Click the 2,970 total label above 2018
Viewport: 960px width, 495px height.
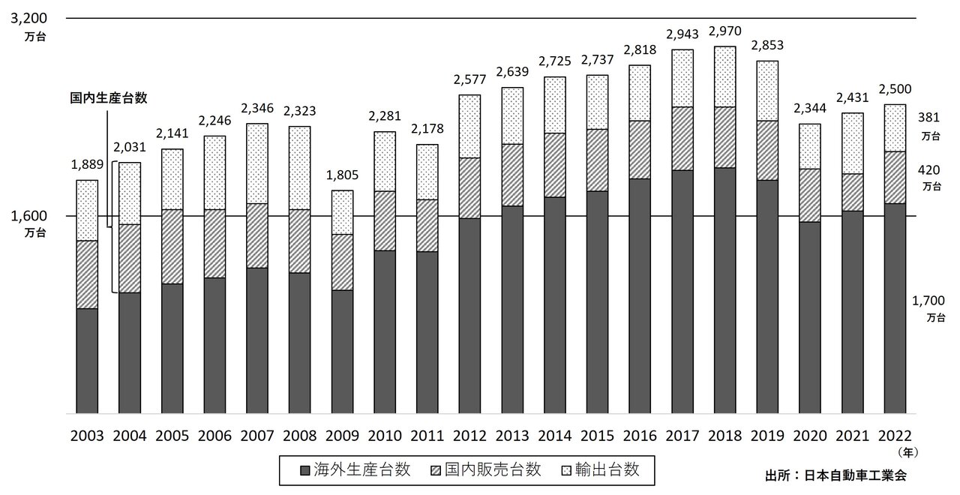coord(724,32)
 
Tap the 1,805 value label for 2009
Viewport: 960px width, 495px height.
coord(341,176)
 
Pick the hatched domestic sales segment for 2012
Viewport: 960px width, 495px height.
coord(469,187)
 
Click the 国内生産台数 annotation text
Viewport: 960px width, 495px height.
coord(108,97)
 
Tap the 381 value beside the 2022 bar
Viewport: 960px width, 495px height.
coord(928,117)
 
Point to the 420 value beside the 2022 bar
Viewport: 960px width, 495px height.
coord(928,169)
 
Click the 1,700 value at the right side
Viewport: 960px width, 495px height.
coord(928,301)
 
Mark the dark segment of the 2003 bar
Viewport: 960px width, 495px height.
coord(87,360)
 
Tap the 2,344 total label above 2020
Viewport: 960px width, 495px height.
coord(809,109)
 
